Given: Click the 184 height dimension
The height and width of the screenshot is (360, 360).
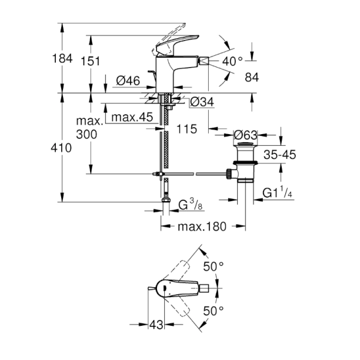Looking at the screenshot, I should coord(62,59).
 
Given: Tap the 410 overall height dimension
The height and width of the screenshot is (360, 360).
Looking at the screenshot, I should coord(62,148).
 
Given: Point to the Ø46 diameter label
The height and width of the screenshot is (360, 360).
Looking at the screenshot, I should coord(126,81).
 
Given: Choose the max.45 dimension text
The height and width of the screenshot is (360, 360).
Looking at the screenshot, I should coord(131,118).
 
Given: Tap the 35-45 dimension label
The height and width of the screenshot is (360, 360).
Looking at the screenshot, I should coord(279,155).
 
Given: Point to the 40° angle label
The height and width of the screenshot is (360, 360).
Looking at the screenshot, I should coord(232,61).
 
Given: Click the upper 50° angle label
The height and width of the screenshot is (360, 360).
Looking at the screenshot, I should coord(213,266).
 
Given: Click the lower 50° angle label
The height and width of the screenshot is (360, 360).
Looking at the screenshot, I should coord(213,310).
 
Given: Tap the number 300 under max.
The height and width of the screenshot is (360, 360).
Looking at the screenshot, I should coord(86,134).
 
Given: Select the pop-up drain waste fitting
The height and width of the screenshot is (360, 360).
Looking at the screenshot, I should coord(242,162).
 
